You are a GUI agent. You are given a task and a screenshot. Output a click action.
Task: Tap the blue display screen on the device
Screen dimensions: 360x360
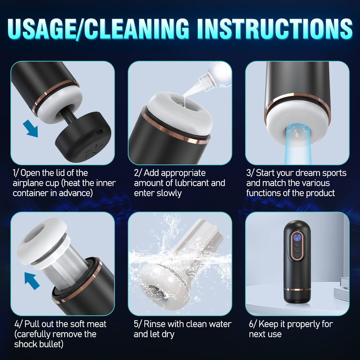click(297, 237)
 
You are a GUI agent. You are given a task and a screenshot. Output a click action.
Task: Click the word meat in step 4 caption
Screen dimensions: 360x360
click(96, 324)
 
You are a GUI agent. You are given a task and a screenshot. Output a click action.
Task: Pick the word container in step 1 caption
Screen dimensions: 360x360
click(30, 193)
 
